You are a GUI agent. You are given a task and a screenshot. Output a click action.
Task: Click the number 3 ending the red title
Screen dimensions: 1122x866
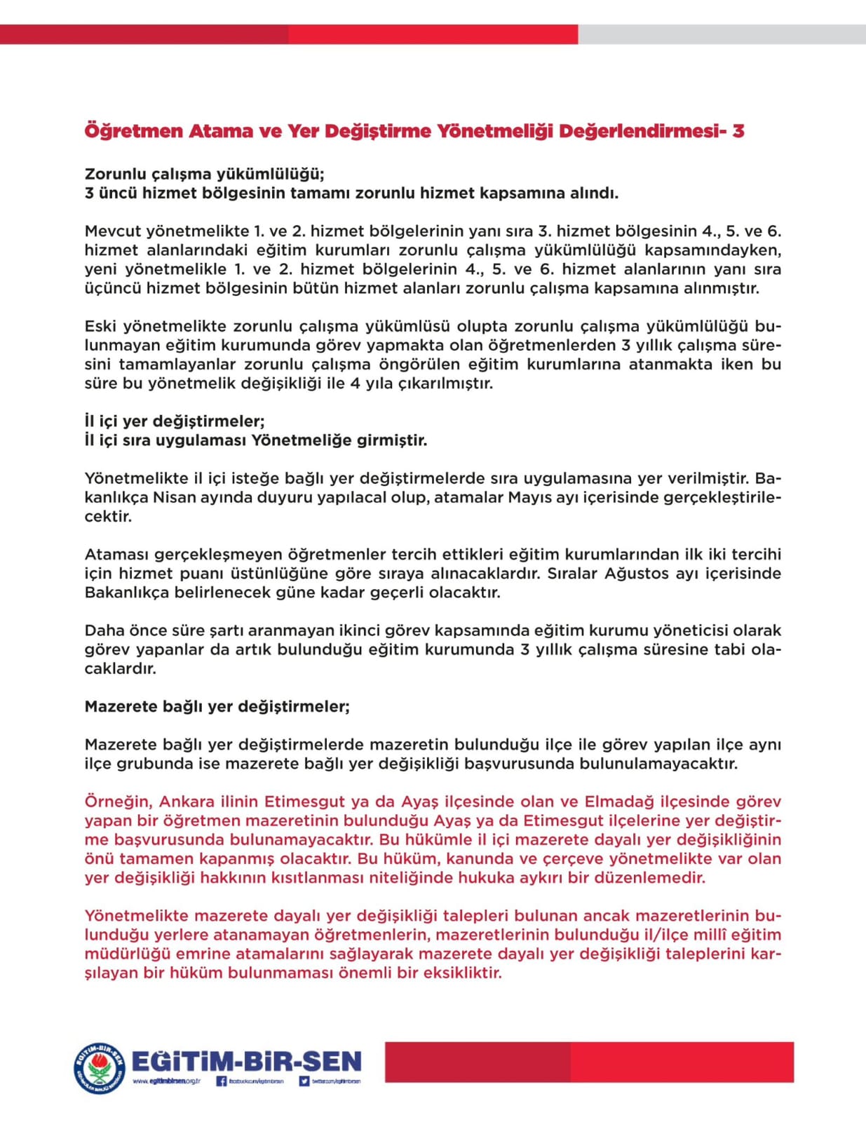[738, 131]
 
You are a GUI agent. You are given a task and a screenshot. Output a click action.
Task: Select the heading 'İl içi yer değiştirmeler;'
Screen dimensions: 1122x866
[175, 421]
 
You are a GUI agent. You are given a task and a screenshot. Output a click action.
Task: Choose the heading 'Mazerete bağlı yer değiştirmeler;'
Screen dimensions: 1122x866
[217, 706]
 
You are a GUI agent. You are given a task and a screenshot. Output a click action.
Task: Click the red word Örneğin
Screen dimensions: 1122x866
[117, 802]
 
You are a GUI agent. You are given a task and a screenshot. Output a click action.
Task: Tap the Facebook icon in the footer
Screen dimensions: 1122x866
[222, 1081]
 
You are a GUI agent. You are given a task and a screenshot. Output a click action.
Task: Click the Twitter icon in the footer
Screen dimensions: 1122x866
[304, 1081]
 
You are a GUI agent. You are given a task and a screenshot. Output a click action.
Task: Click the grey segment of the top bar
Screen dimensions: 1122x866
[722, 34]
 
